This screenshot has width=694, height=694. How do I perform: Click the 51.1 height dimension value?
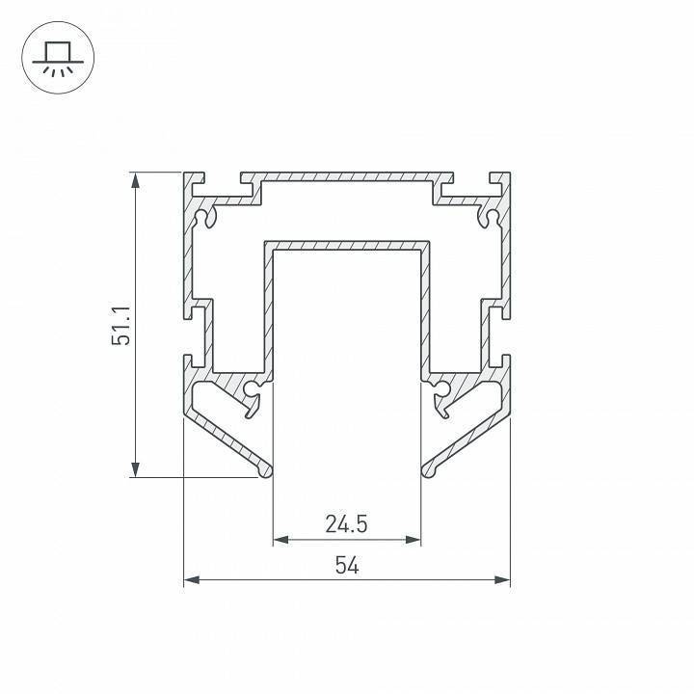[x=120, y=326]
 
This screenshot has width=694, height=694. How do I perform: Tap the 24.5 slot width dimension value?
[x=347, y=524]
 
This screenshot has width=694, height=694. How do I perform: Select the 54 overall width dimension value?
[x=347, y=565]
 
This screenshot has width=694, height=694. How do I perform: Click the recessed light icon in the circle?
[x=58, y=58]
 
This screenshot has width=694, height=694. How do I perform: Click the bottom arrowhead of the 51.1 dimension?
[x=136, y=469]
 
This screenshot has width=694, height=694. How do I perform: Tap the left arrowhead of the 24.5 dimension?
[x=280, y=540]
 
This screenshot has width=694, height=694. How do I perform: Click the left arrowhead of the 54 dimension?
[x=192, y=580]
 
